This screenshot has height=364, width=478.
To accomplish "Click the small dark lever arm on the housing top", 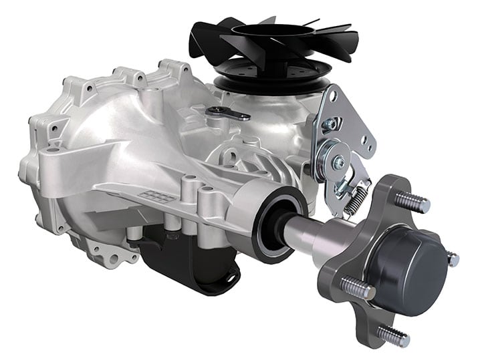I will [x=227, y=114].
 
